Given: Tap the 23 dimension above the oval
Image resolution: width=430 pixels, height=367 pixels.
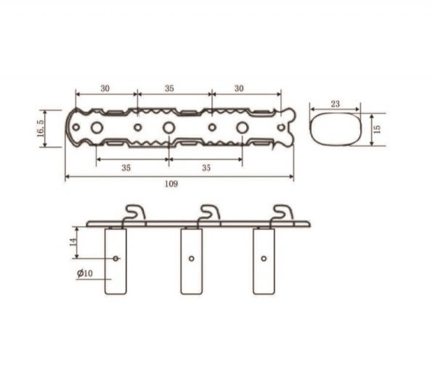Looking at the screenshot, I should (x=335, y=104).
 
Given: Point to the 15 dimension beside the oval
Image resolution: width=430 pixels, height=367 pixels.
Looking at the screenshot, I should (x=376, y=128).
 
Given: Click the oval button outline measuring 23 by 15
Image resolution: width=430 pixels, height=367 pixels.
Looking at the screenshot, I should (x=335, y=128).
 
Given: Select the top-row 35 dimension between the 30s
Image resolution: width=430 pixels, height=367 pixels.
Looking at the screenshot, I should (x=169, y=88).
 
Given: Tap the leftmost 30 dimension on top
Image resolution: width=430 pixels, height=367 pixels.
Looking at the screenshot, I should (x=105, y=88).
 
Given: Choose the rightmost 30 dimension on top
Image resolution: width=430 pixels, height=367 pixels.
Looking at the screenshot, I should (x=240, y=88).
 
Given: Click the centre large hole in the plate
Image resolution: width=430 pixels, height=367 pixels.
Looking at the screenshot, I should (x=169, y=128).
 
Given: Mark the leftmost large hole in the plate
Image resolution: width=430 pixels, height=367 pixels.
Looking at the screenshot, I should (x=96, y=128).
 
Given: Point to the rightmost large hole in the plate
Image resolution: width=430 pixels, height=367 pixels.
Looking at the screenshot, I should (x=242, y=128).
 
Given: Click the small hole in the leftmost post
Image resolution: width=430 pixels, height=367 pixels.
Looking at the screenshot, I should (x=116, y=258).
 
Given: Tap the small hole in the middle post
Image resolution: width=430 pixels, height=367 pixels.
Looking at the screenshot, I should (x=190, y=257).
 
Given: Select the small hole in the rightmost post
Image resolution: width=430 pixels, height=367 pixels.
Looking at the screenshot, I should (x=264, y=257).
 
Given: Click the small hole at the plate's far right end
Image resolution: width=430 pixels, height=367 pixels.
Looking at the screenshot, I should (x=281, y=128).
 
